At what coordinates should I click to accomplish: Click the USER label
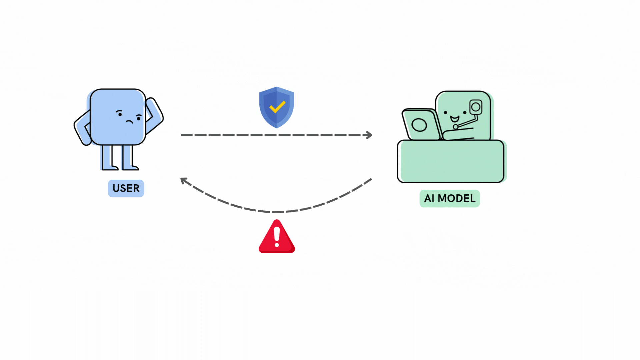pos(126,188)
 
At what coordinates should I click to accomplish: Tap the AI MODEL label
pos(449,198)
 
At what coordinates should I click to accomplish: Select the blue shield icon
pos(277,107)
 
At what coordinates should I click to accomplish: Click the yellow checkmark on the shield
pos(277,107)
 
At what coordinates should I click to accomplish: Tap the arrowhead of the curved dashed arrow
pos(184,181)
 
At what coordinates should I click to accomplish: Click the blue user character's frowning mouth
pos(129,121)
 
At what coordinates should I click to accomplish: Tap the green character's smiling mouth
pos(455,119)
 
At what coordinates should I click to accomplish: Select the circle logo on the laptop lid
pos(419,125)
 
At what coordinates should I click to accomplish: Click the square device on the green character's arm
pos(476,107)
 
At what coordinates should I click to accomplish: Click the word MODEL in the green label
pos(456,198)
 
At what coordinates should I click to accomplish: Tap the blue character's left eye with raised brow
pos(120,114)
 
